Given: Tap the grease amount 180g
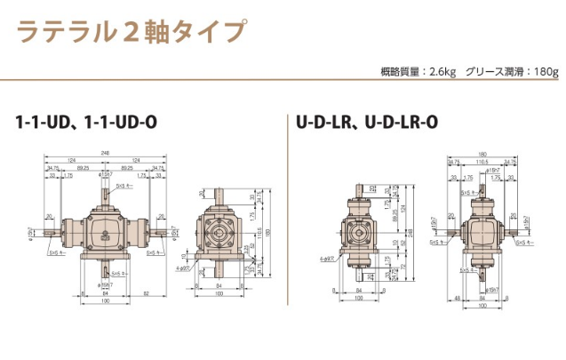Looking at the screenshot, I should pyautogui.click(x=545, y=70).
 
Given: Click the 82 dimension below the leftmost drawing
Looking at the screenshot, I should pyautogui.click(x=145, y=293).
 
